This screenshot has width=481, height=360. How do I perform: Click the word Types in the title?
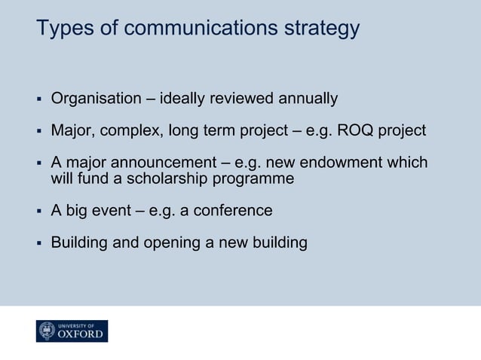tap(59, 29)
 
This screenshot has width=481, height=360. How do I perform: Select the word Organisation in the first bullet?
tap(96, 99)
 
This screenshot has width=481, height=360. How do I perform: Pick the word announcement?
tap(159, 163)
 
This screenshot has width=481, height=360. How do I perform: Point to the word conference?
tap(233, 211)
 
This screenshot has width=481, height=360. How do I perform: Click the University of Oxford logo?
tap(72, 331)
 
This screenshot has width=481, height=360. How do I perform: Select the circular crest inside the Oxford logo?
tap(47, 331)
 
